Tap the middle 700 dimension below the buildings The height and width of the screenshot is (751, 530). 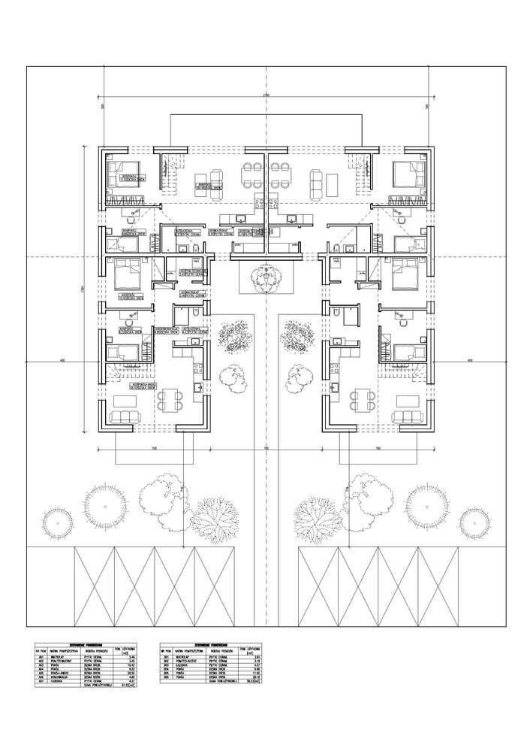click(x=265, y=448)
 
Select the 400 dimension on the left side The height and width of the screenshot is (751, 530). click(x=62, y=362)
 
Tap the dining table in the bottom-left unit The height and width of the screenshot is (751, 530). click(x=172, y=399)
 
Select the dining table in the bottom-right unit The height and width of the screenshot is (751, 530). click(x=362, y=399)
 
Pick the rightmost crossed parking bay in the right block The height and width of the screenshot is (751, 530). click(x=438, y=586)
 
